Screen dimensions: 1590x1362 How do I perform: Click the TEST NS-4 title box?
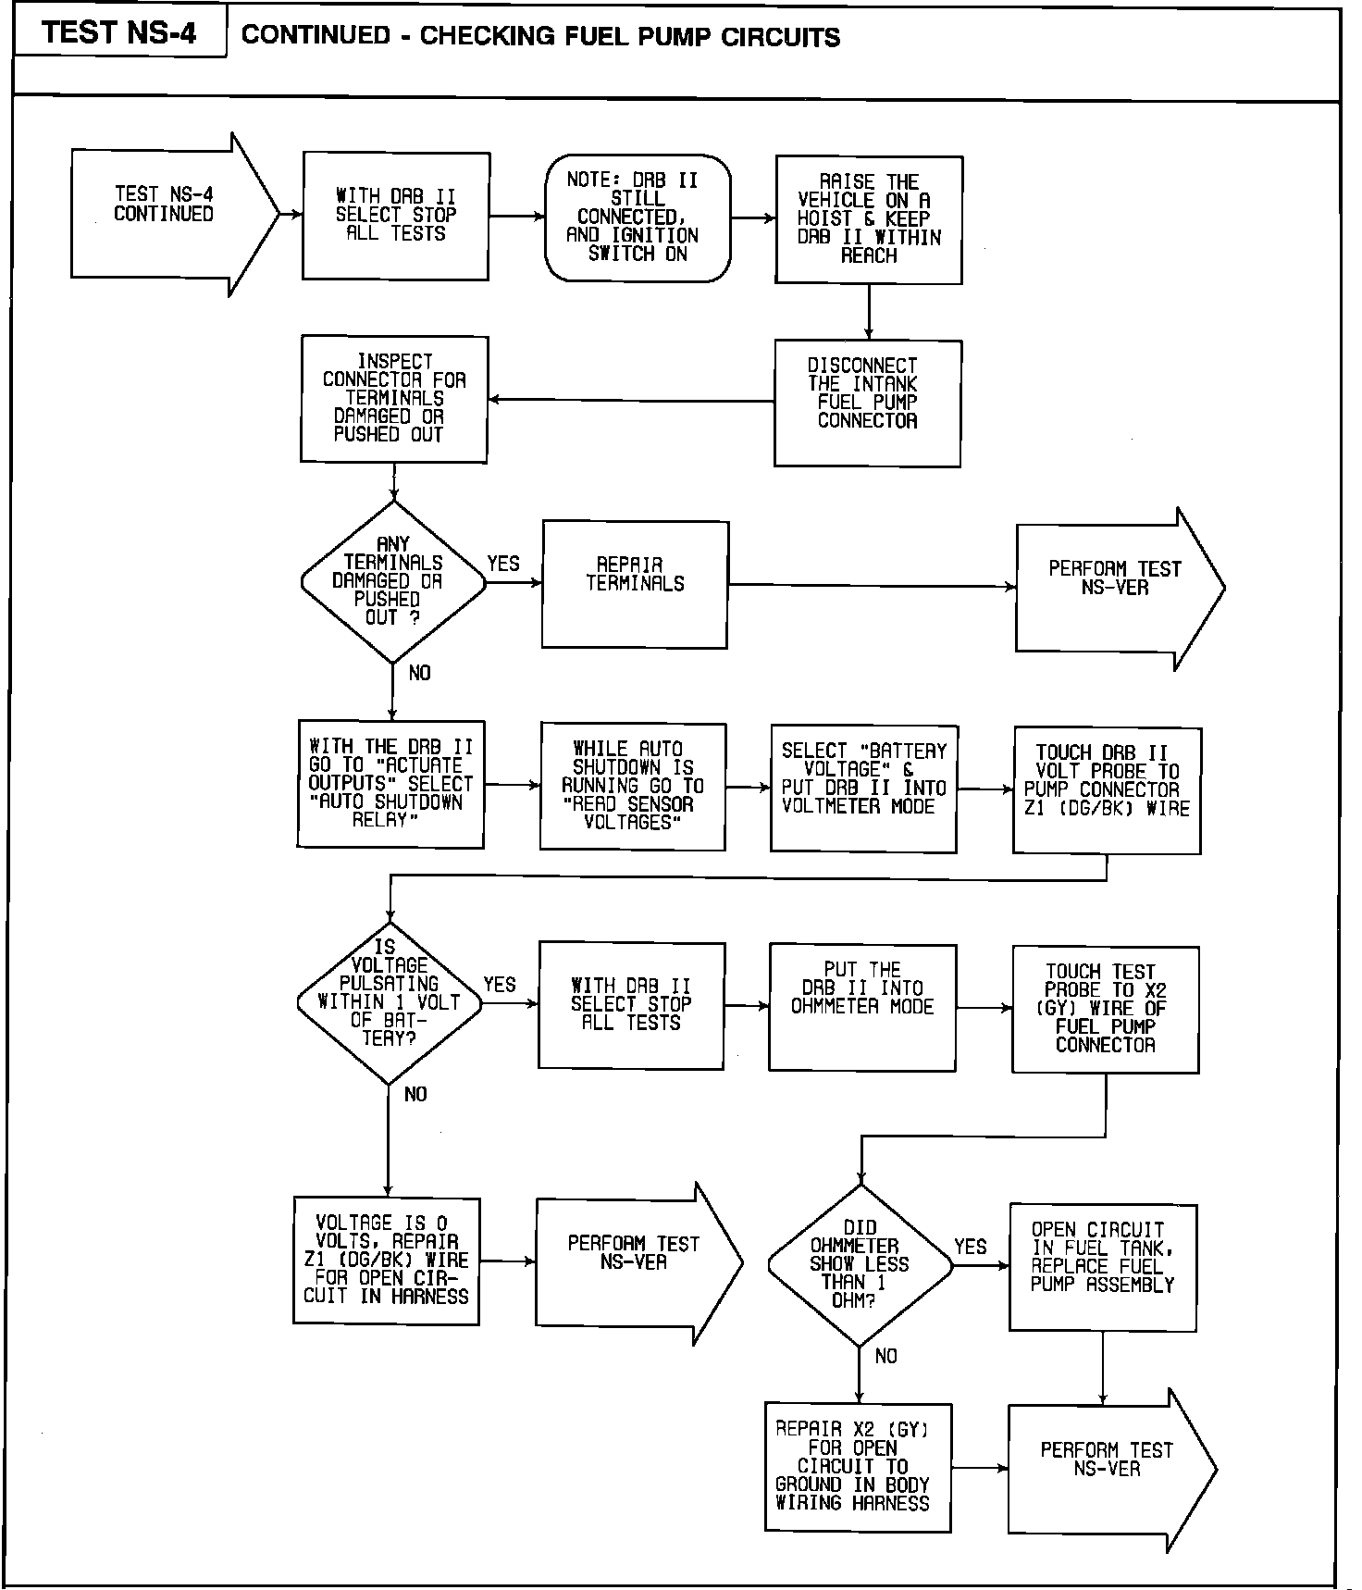click(119, 33)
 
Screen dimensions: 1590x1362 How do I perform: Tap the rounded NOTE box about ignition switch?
click(638, 217)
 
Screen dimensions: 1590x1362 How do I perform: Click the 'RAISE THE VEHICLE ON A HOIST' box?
click(869, 219)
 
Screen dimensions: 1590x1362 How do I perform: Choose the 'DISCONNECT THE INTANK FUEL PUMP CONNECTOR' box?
click(867, 403)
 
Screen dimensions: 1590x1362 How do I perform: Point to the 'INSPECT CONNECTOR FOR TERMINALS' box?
click(394, 399)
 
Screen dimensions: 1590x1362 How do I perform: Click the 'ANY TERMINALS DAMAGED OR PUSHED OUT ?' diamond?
click(393, 582)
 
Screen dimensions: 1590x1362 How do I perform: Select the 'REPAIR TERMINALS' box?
click(635, 584)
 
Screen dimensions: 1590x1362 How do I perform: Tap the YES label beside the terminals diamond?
click(503, 564)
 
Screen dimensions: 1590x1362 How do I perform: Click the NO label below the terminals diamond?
click(419, 673)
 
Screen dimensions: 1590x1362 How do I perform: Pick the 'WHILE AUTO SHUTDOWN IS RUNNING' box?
click(633, 786)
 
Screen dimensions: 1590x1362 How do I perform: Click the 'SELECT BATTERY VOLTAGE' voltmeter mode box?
click(863, 789)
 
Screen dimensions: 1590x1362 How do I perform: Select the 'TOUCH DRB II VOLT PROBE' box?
click(1107, 790)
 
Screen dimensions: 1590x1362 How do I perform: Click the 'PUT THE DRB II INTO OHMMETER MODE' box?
click(862, 1007)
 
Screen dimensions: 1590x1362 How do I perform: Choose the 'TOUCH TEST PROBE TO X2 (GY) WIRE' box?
click(1106, 1009)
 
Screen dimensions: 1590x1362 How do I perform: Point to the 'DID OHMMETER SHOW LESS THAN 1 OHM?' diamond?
click(860, 1265)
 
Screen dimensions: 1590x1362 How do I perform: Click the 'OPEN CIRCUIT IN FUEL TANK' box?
click(1103, 1267)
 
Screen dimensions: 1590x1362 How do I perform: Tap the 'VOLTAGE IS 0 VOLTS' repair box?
click(387, 1261)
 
